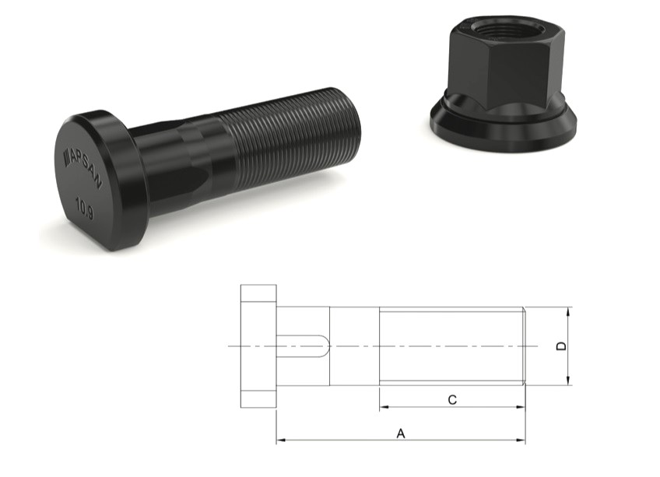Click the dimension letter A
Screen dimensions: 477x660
tap(401, 433)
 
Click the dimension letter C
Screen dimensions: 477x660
tap(452, 400)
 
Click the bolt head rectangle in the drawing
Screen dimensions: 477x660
tap(258, 345)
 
